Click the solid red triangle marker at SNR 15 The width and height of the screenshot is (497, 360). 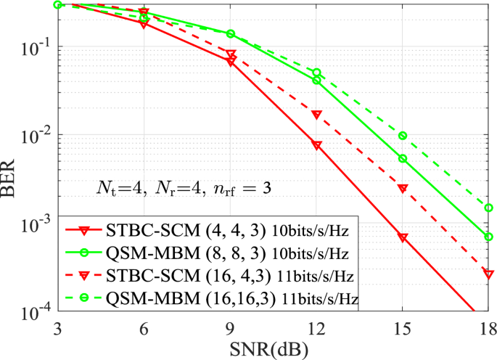pyautogui.click(x=403, y=237)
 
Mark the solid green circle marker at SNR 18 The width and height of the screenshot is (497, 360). pyautogui.click(x=489, y=237)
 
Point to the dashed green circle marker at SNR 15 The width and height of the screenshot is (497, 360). pyautogui.click(x=403, y=136)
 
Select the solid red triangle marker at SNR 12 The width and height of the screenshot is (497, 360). pyautogui.click(x=316, y=145)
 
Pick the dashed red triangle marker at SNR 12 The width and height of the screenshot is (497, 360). pyautogui.click(x=316, y=115)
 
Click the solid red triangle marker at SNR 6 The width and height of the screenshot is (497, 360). pyautogui.click(x=144, y=24)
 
